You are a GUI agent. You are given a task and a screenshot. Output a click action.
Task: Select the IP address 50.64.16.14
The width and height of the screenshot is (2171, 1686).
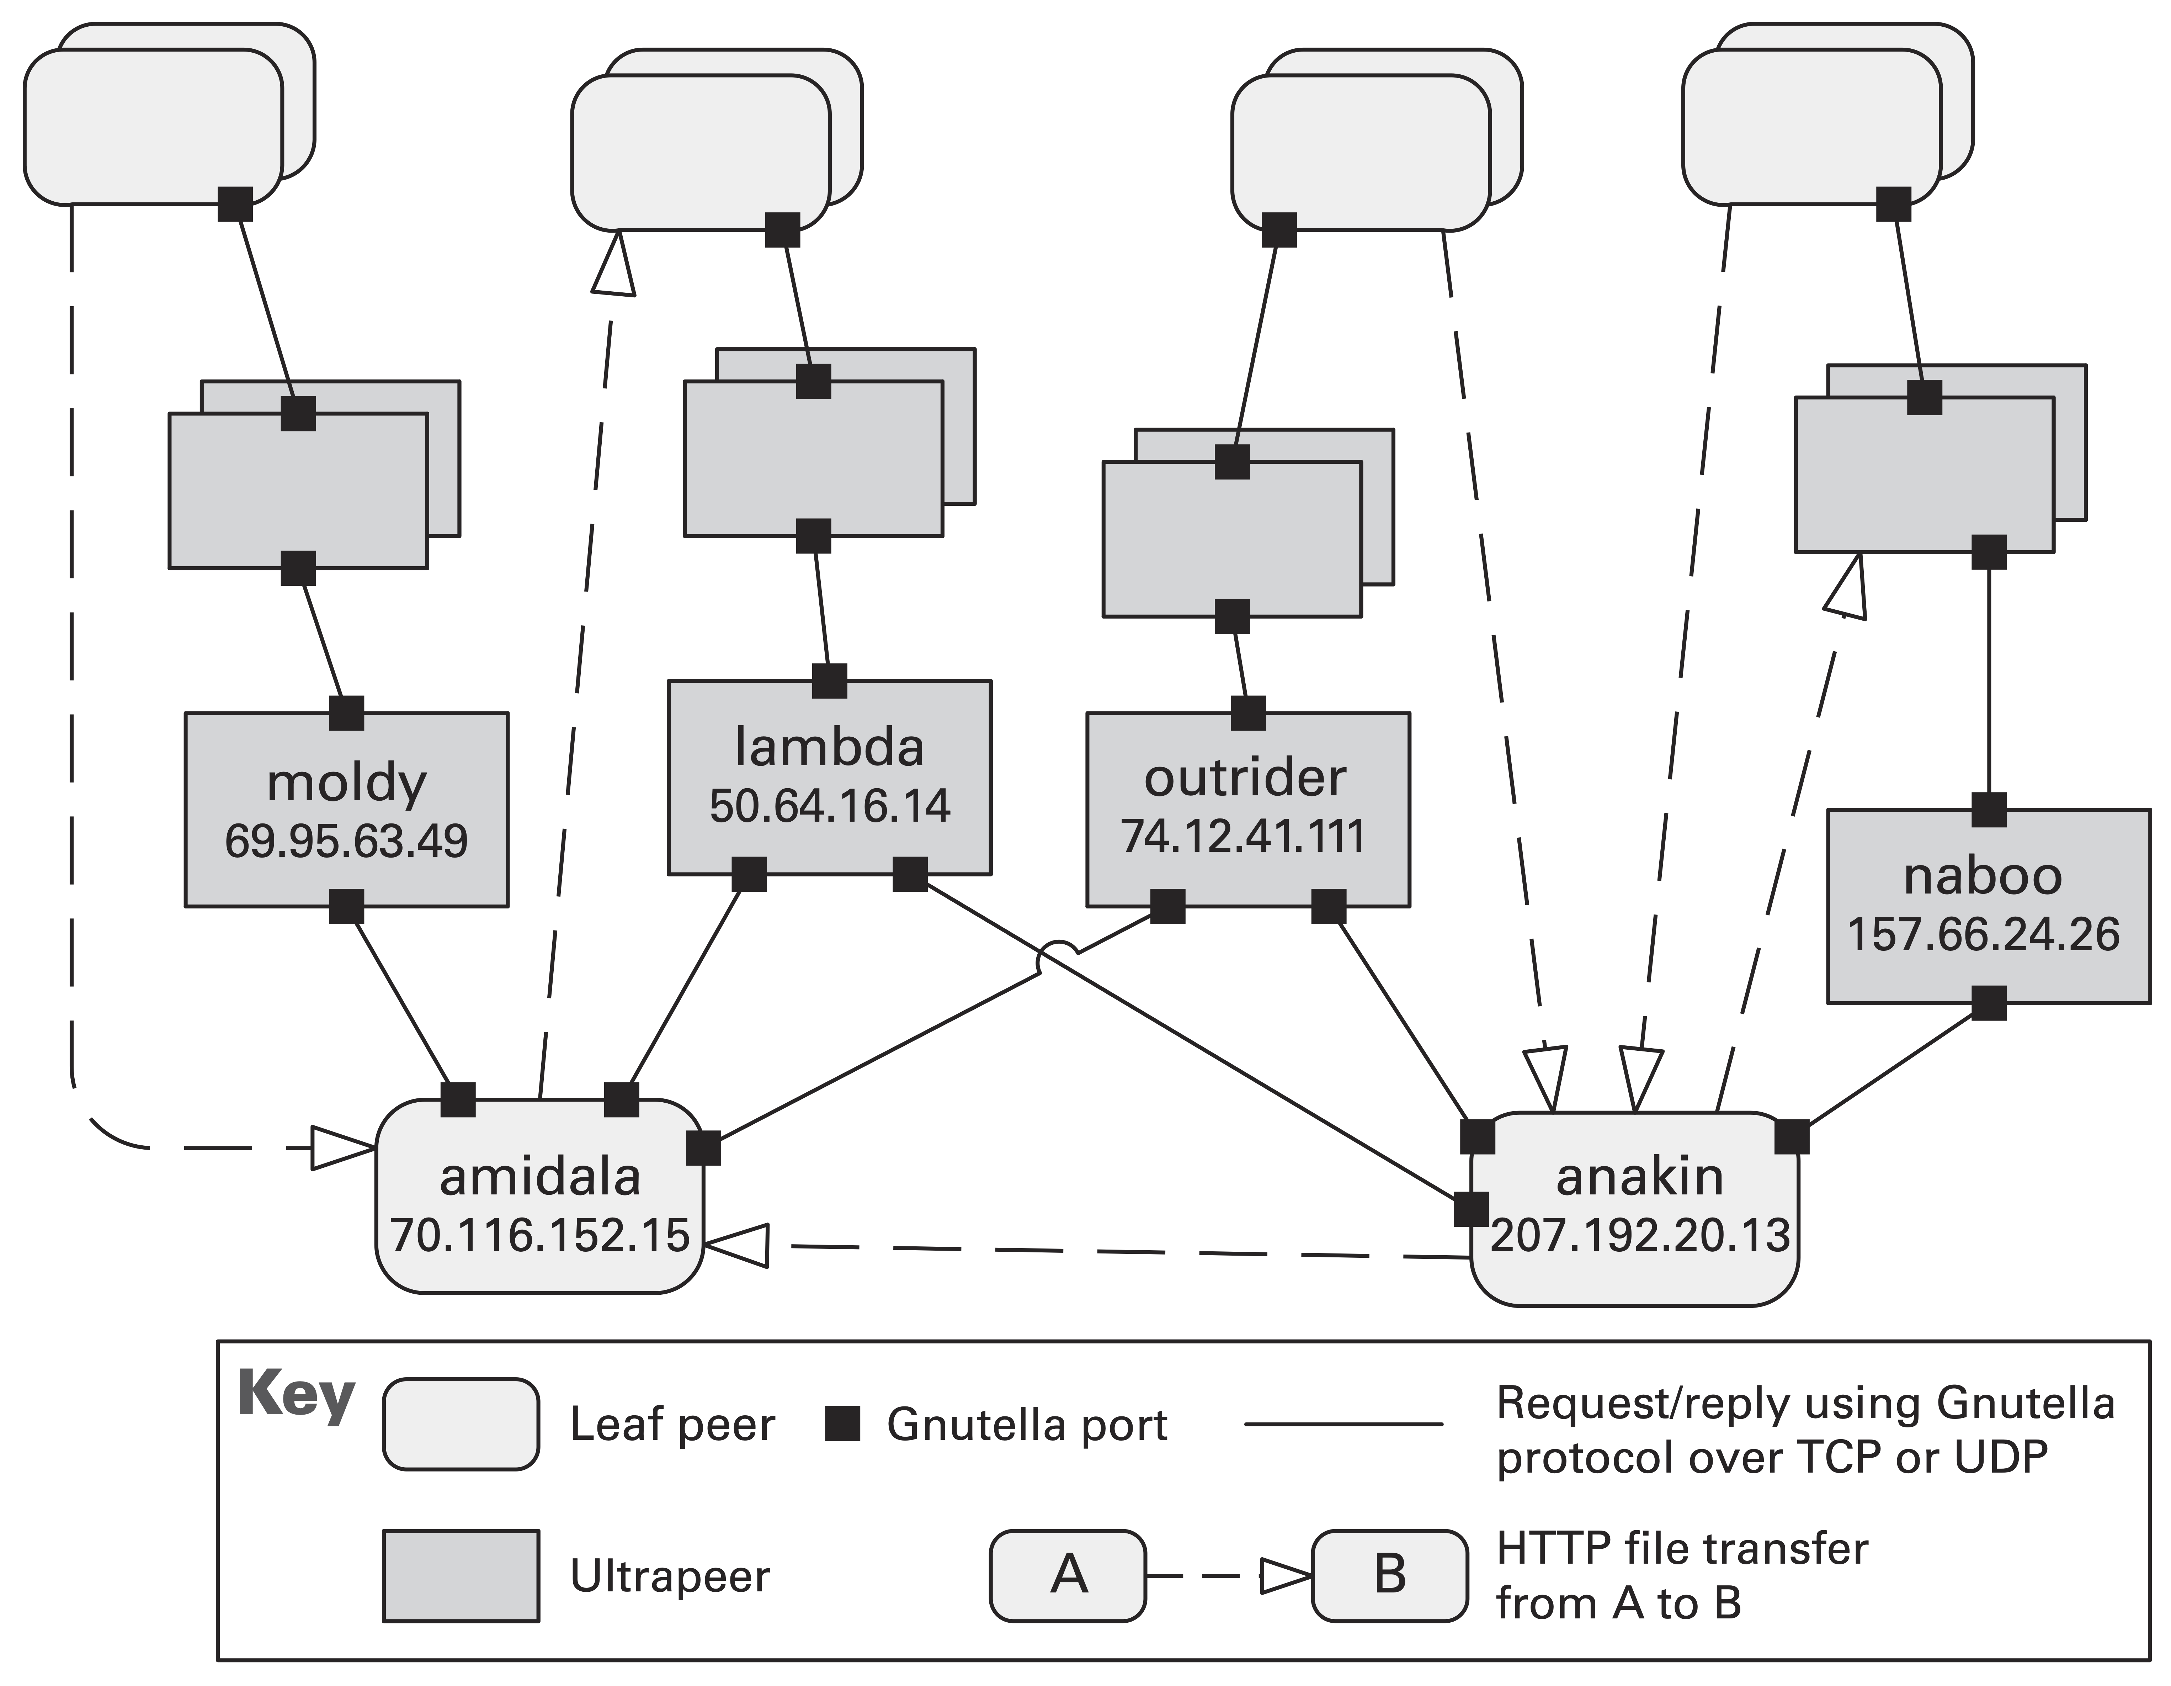[829, 805]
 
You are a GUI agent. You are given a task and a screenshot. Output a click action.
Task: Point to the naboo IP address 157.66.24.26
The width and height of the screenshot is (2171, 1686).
[1983, 934]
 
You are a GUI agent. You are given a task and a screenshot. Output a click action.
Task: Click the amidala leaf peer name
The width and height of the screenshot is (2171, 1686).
[540, 1177]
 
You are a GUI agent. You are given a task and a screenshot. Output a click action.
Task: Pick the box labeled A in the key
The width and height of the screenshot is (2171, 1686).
[1068, 1575]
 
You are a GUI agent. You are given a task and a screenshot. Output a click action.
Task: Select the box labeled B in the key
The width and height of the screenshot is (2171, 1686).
[1389, 1575]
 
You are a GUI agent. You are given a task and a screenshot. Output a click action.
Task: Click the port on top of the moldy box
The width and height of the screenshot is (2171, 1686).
[346, 713]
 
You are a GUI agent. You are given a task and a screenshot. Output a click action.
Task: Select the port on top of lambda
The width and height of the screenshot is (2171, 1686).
[829, 681]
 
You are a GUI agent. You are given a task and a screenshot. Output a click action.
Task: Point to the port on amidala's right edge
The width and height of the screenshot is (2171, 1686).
[703, 1148]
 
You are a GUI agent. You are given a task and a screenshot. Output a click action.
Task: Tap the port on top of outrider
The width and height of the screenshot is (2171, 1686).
[1249, 713]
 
